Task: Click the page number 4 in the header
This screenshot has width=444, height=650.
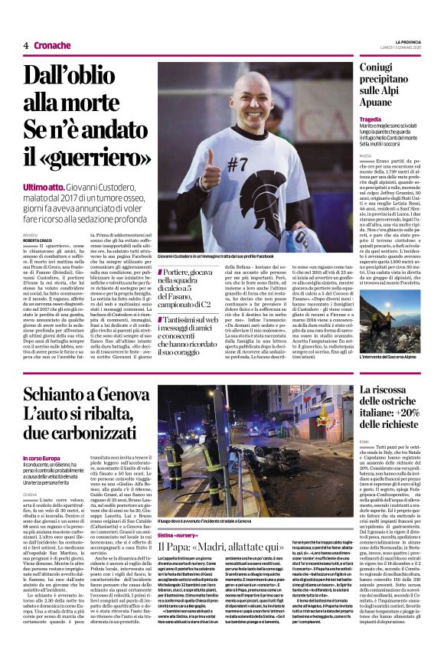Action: (x=26, y=45)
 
